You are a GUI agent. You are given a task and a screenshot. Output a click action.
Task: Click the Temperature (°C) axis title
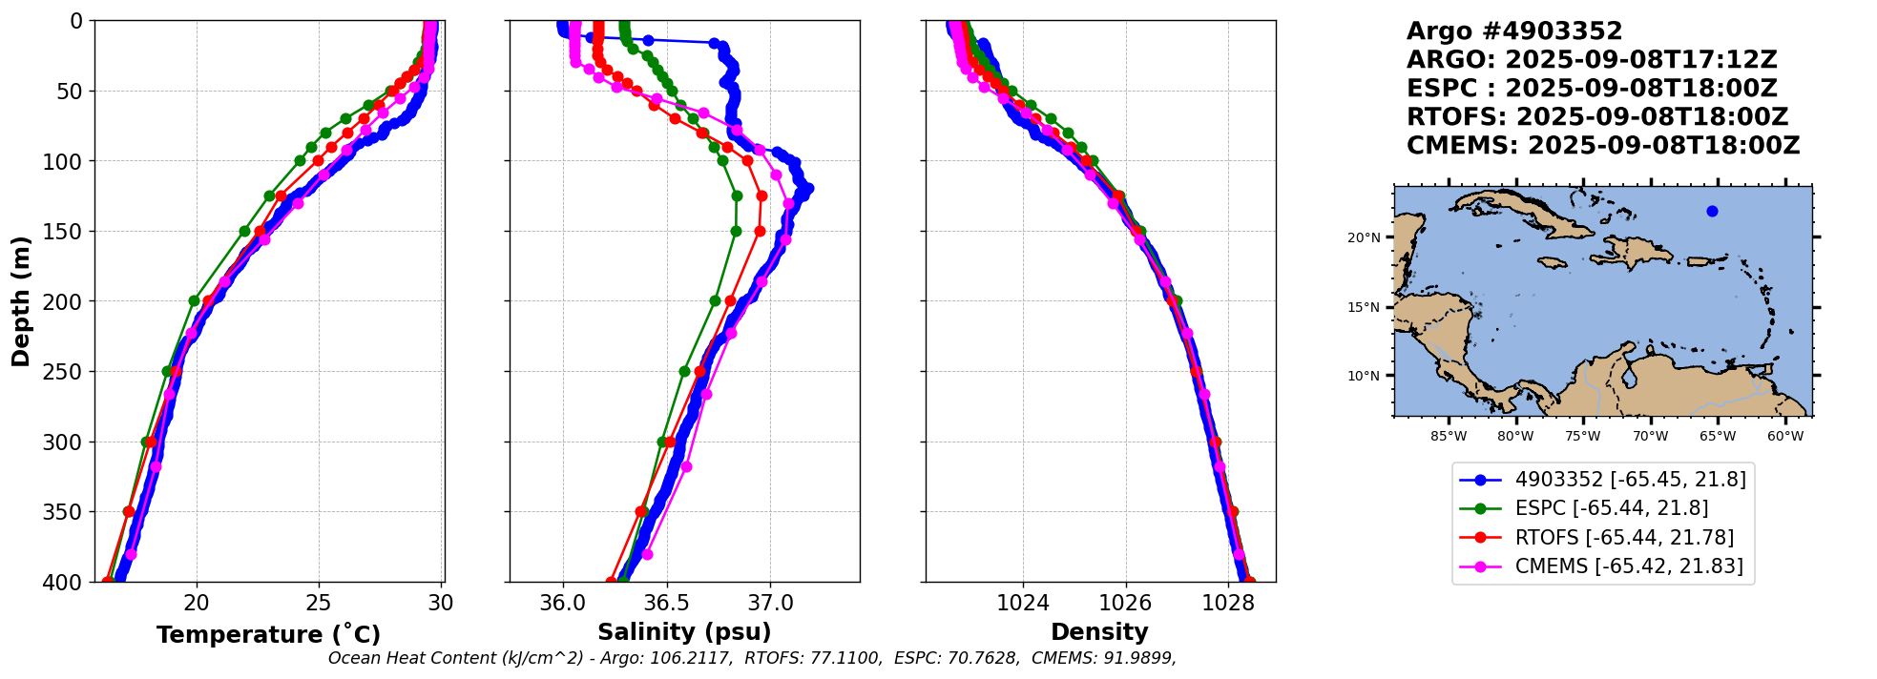pyautogui.click(x=268, y=634)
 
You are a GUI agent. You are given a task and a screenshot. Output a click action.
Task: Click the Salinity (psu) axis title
pyautogui.click(x=684, y=632)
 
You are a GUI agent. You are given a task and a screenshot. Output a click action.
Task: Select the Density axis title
pyautogui.click(x=1099, y=632)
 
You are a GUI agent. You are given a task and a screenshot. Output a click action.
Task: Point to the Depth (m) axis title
pyautogui.click(x=21, y=301)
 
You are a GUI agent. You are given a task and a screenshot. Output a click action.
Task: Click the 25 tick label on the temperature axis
pyautogui.click(x=319, y=603)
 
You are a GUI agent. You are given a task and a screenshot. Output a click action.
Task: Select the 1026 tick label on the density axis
pyautogui.click(x=1125, y=603)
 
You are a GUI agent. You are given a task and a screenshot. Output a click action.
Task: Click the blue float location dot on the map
pyautogui.click(x=1712, y=211)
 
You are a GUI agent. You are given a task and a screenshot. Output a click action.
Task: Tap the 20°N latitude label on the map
pyautogui.click(x=1364, y=237)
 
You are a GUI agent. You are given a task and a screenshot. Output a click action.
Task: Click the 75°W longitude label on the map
pyautogui.click(x=1582, y=437)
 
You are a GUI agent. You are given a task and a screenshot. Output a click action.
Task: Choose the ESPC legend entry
pyautogui.click(x=1612, y=508)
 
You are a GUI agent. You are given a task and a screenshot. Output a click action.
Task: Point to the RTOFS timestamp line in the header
pyautogui.click(x=1596, y=117)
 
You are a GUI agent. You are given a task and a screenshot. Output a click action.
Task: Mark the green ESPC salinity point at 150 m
pyautogui.click(x=736, y=231)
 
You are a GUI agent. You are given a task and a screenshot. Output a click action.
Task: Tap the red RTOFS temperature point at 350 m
pyautogui.click(x=129, y=512)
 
